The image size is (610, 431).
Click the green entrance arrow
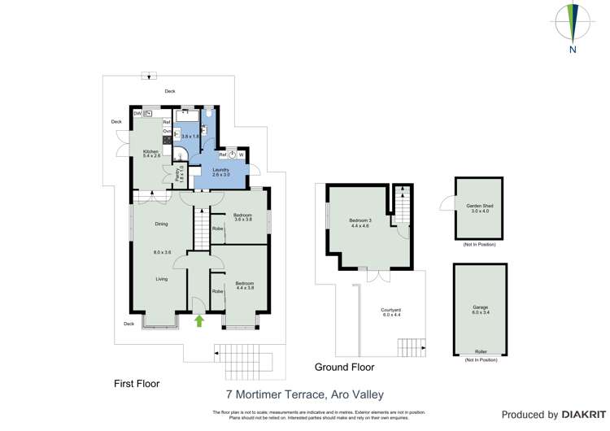click(x=199, y=321)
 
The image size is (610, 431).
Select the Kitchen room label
click(x=150, y=152)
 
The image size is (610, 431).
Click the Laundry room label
click(x=221, y=169)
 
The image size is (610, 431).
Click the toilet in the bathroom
click(x=209, y=116)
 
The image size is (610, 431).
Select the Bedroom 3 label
click(x=361, y=220)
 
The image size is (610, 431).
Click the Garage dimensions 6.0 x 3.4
click(x=480, y=312)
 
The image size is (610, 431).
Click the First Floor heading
click(x=136, y=383)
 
